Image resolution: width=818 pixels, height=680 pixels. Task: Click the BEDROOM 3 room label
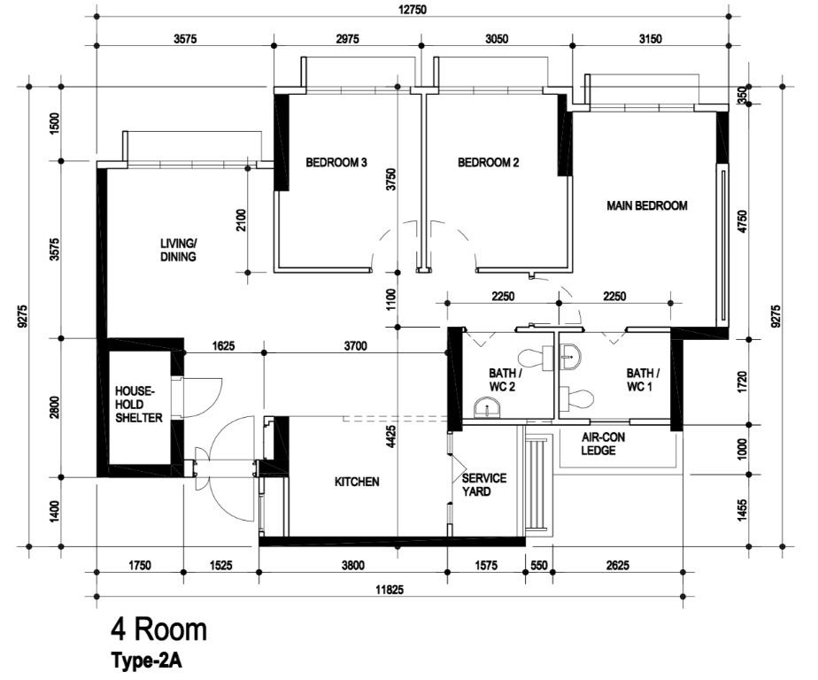coord(336,162)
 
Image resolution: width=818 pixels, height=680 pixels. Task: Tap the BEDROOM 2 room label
coord(488,162)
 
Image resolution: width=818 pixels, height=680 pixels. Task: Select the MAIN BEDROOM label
coord(647,205)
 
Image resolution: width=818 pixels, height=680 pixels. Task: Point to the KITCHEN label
coord(357,482)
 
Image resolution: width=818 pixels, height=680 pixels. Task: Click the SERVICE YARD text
coord(484,484)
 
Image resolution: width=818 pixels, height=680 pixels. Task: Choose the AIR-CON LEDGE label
coord(606,444)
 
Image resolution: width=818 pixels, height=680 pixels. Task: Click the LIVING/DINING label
coord(178,250)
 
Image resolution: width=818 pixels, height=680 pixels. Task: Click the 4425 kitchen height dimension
coord(390,442)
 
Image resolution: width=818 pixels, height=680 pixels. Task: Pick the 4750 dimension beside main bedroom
coord(742,221)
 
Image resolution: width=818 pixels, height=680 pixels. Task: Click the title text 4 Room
coord(158,630)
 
